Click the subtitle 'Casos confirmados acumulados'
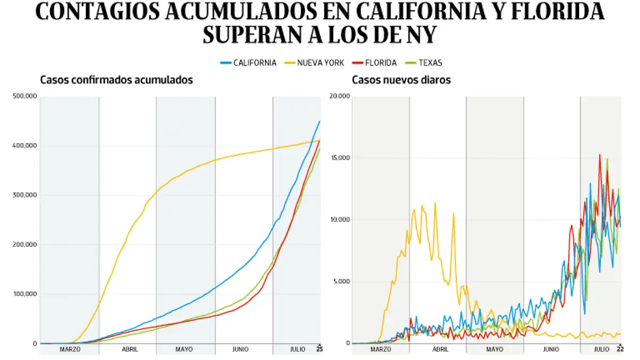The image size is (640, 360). tap(116, 80)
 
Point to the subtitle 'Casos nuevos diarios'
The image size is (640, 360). tap(401, 80)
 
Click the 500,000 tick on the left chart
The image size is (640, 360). tap(24, 97)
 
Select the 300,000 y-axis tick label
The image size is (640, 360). tap(24, 195)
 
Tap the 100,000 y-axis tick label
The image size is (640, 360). tap(24, 294)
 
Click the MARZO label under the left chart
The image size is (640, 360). tap(70, 350)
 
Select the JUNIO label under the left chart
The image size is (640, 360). tap(241, 350)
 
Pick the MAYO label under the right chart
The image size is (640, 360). tap(494, 350)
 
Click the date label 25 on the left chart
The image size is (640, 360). tap(319, 349)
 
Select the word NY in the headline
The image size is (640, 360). tap(422, 35)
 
